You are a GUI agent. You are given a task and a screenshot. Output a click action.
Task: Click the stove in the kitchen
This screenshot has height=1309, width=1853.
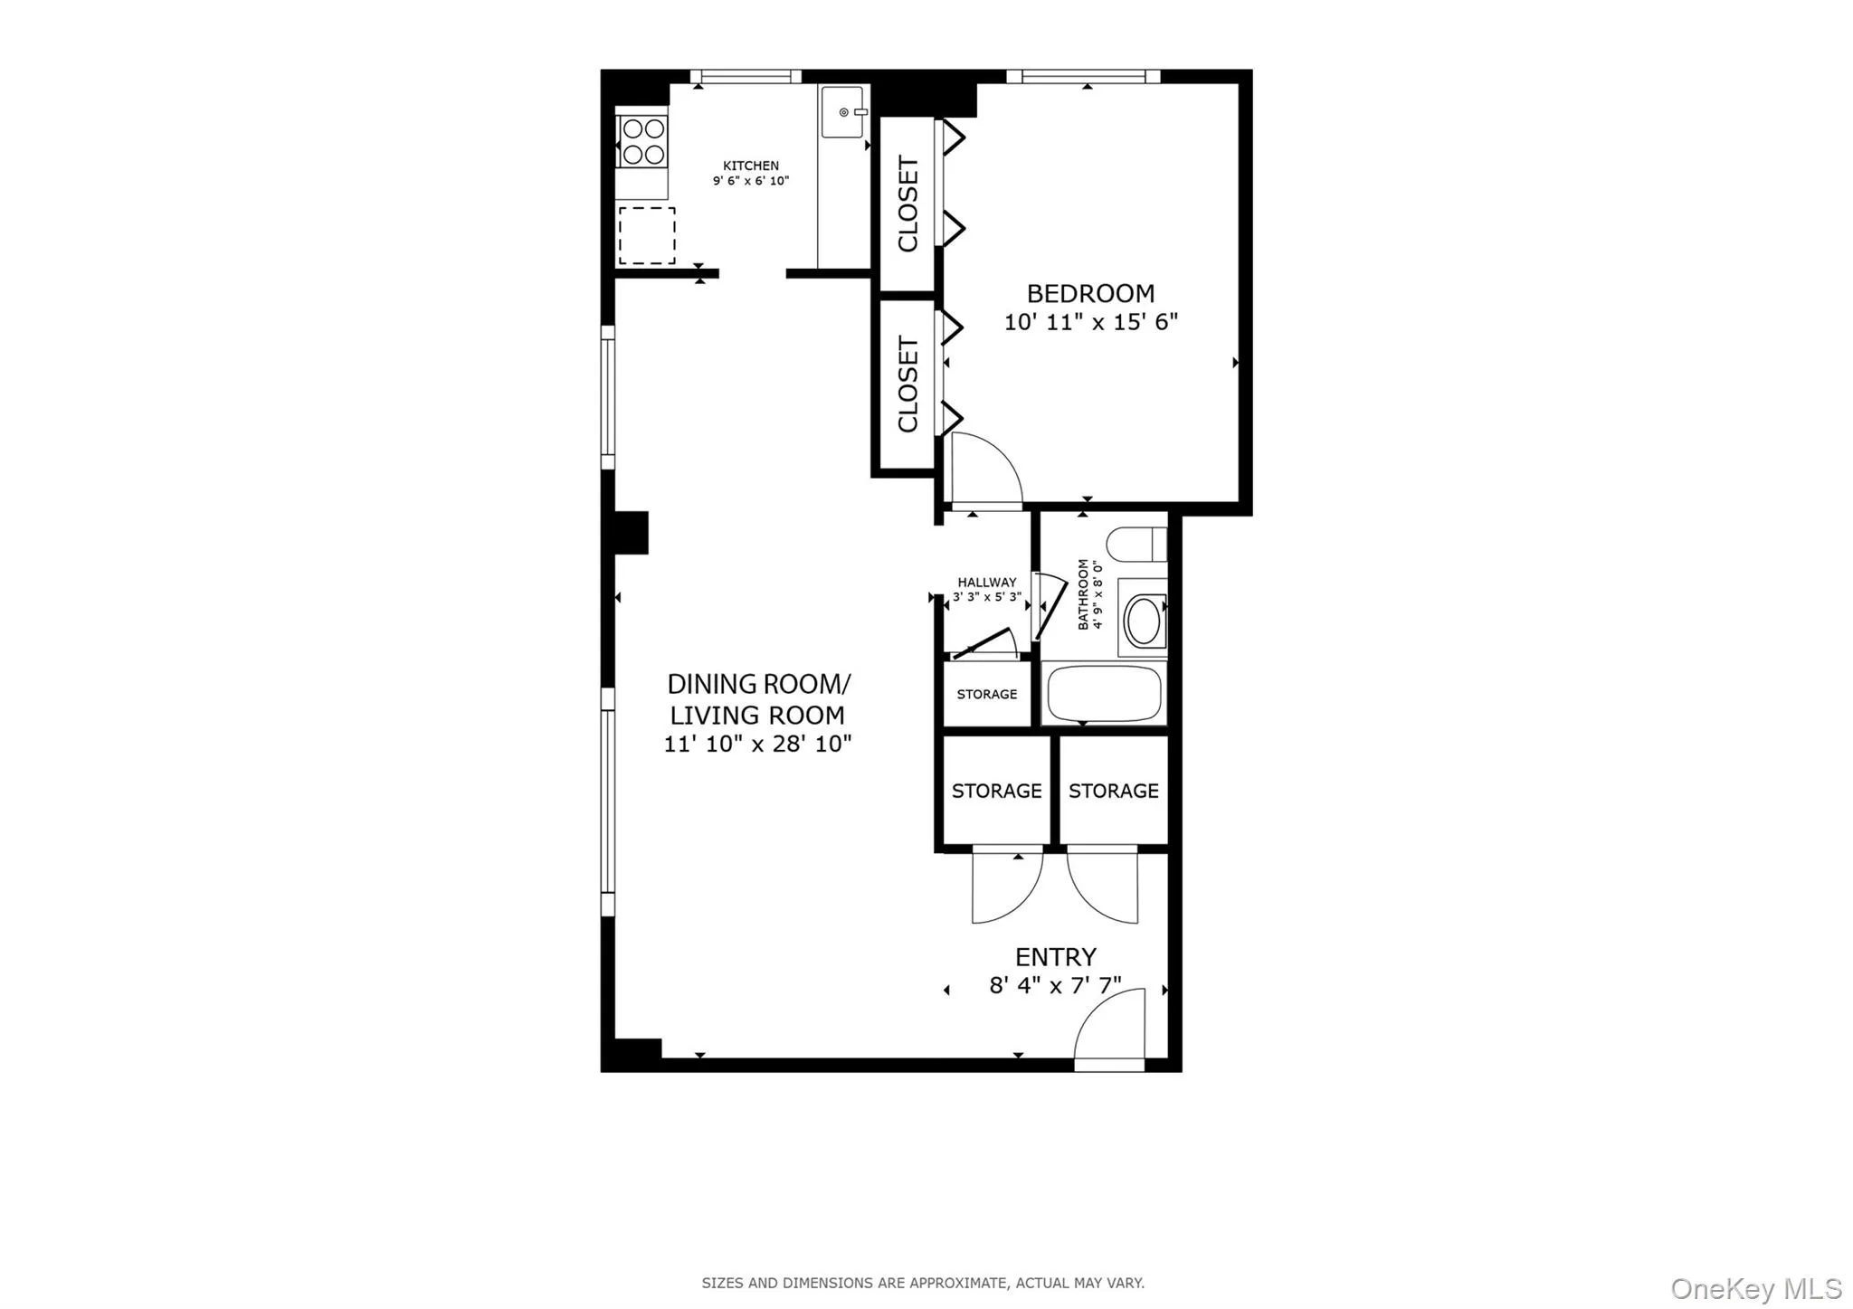(643, 141)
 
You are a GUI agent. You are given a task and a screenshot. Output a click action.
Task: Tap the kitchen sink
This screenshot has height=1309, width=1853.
(842, 112)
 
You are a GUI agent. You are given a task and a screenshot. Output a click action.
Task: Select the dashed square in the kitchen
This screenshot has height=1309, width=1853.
(647, 235)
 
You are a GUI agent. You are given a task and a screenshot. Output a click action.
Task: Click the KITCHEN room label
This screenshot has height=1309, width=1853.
(750, 166)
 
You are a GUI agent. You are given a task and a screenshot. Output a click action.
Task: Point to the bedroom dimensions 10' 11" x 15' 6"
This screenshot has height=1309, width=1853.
(1090, 322)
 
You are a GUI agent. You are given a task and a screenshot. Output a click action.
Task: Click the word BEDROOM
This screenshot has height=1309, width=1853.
(1090, 293)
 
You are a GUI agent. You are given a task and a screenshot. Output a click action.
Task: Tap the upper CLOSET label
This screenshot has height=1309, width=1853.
(907, 204)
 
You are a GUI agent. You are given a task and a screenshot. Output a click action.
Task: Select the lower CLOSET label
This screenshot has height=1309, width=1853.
(907, 384)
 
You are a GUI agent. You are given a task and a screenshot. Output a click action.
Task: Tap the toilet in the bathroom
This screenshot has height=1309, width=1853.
(1136, 545)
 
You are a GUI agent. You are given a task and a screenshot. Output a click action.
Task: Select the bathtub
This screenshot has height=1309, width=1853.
(1104, 694)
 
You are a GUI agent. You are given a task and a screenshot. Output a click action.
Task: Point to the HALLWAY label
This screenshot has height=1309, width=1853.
(987, 583)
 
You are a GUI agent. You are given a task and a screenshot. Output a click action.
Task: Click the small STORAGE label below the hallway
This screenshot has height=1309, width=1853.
(987, 695)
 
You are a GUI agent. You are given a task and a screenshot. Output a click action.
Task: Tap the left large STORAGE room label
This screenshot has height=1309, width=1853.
(996, 792)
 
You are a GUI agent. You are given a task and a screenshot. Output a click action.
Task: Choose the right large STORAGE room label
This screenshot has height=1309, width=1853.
(1113, 792)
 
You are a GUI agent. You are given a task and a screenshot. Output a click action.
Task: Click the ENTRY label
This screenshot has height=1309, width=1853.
(1055, 957)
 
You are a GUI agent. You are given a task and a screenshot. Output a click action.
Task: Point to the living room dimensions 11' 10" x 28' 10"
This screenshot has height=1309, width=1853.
(757, 745)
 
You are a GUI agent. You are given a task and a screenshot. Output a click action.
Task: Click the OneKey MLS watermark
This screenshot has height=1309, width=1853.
(1755, 1288)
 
